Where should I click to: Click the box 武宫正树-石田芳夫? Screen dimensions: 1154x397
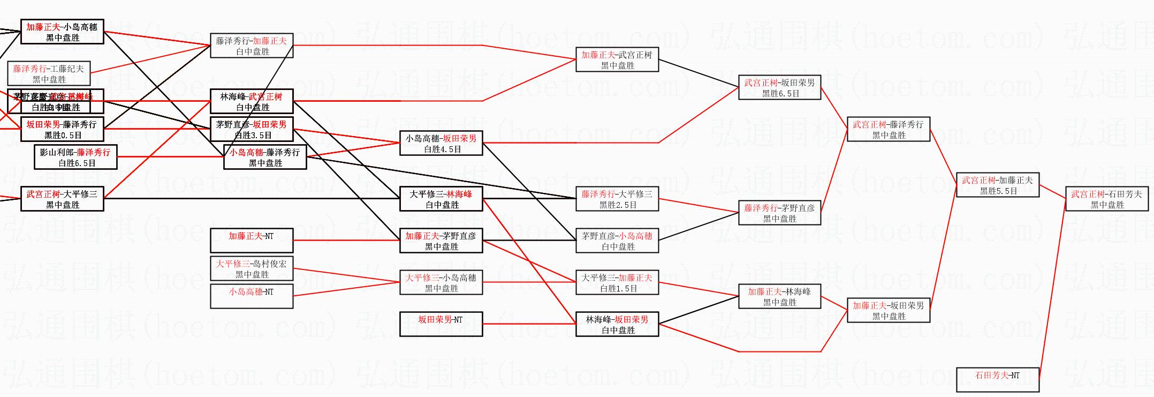pyautogui.click(x=1107, y=199)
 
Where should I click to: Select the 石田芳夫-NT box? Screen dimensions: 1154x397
pyautogui.click(x=997, y=380)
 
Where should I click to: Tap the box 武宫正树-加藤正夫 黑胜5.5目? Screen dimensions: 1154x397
pyautogui.click(x=997, y=185)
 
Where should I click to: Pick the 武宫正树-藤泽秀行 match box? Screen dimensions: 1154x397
pyautogui.click(x=888, y=129)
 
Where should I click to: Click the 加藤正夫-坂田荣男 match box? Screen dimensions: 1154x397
pyautogui.click(x=888, y=310)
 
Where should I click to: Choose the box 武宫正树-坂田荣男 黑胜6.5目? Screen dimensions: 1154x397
pyautogui.click(x=779, y=87)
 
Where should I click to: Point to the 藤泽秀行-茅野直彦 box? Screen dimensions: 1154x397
pyautogui.click(x=779, y=213)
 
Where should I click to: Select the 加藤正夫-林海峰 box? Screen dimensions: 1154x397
pyautogui.click(x=779, y=296)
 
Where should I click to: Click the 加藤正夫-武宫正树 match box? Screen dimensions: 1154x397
pyautogui.click(x=617, y=59)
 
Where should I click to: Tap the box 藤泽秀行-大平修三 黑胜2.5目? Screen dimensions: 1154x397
pyautogui.click(x=617, y=199)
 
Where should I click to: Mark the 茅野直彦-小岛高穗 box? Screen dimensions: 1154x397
pyautogui.click(x=617, y=241)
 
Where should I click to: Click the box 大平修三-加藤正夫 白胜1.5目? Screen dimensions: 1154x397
pyautogui.click(x=617, y=282)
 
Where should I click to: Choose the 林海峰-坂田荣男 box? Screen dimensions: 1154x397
pyautogui.click(x=617, y=324)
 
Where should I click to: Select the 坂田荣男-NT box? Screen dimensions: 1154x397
pyautogui.click(x=441, y=324)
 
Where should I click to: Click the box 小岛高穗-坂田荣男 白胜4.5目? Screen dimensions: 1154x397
pyautogui.click(x=441, y=143)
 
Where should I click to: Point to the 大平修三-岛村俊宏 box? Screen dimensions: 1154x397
pyautogui.click(x=251, y=268)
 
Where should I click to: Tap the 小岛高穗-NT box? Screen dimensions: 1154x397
pyautogui.click(x=251, y=296)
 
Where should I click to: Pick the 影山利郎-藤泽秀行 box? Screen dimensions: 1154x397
pyautogui.click(x=75, y=157)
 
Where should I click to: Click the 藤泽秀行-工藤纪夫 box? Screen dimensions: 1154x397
pyautogui.click(x=48, y=73)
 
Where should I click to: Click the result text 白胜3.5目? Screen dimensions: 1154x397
pyautogui.click(x=253, y=136)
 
